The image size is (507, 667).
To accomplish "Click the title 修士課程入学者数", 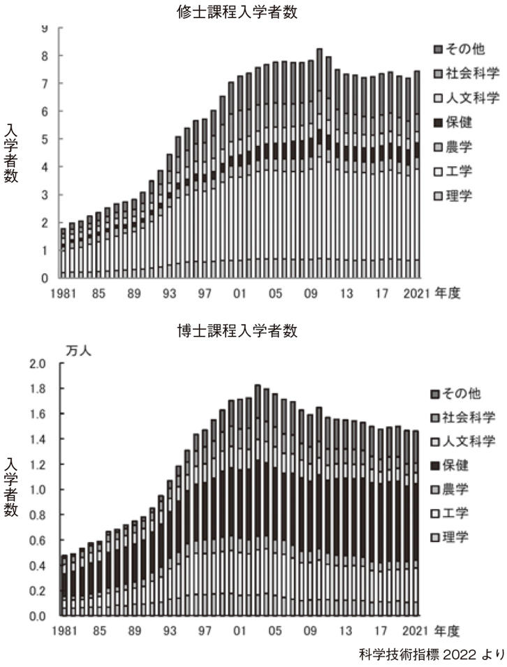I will coord(239,12).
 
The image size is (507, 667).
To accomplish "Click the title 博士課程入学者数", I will coord(239,332).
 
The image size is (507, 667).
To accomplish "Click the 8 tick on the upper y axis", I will coord(43,56).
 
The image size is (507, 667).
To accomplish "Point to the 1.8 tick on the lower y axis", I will coord(37,389).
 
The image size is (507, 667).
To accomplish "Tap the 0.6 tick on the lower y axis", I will coord(37,541).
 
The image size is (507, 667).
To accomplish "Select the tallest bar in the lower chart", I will coord(258,500).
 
